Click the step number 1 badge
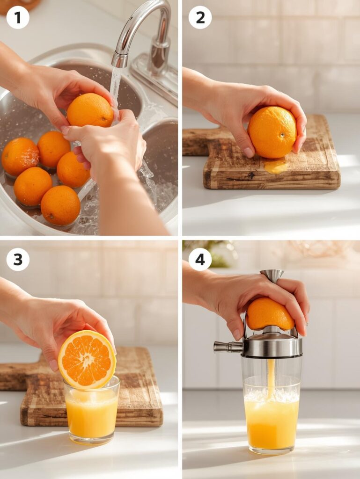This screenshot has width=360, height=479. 18,18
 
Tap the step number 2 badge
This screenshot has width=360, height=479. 200,18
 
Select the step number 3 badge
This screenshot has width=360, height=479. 18,260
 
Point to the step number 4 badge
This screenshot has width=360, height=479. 200,260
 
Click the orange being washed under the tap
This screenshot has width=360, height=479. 89,110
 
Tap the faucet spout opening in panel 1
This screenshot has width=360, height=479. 119,62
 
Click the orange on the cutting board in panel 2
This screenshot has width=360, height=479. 272,132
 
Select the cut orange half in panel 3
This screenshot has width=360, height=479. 87,359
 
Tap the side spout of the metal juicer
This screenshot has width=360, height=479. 225,347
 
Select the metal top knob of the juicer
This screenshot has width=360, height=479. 272,275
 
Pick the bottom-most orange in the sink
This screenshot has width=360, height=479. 60,205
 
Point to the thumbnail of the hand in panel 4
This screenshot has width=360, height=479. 237,334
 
